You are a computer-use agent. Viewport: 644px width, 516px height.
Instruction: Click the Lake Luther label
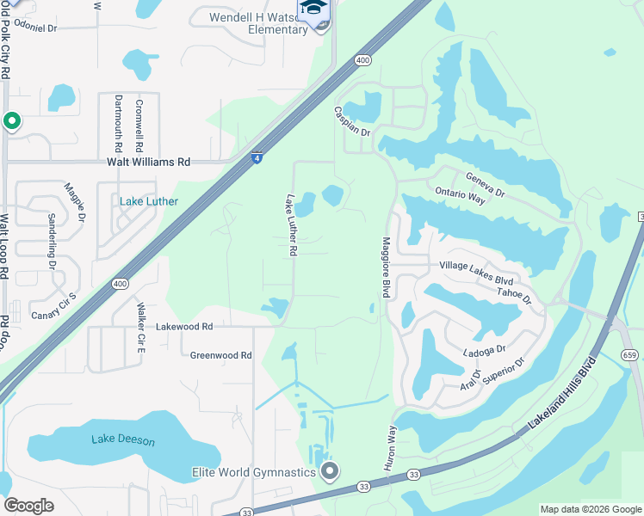[149, 202]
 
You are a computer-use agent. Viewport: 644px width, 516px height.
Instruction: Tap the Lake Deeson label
[123, 440]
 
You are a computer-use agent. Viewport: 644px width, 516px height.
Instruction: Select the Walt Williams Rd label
[148, 162]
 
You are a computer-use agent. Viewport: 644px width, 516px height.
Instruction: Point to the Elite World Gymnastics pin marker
[328, 471]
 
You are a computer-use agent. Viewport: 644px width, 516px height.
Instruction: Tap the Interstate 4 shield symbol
[257, 158]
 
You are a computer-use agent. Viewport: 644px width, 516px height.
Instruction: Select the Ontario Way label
[461, 194]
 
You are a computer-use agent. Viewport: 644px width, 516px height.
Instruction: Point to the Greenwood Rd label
[220, 354]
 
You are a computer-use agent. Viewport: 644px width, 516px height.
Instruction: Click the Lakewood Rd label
[184, 327]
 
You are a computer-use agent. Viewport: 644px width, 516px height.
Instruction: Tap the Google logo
[28, 506]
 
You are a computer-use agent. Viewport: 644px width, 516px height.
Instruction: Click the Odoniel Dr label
[35, 28]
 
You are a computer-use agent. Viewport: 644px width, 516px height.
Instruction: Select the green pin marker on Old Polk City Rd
[11, 121]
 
